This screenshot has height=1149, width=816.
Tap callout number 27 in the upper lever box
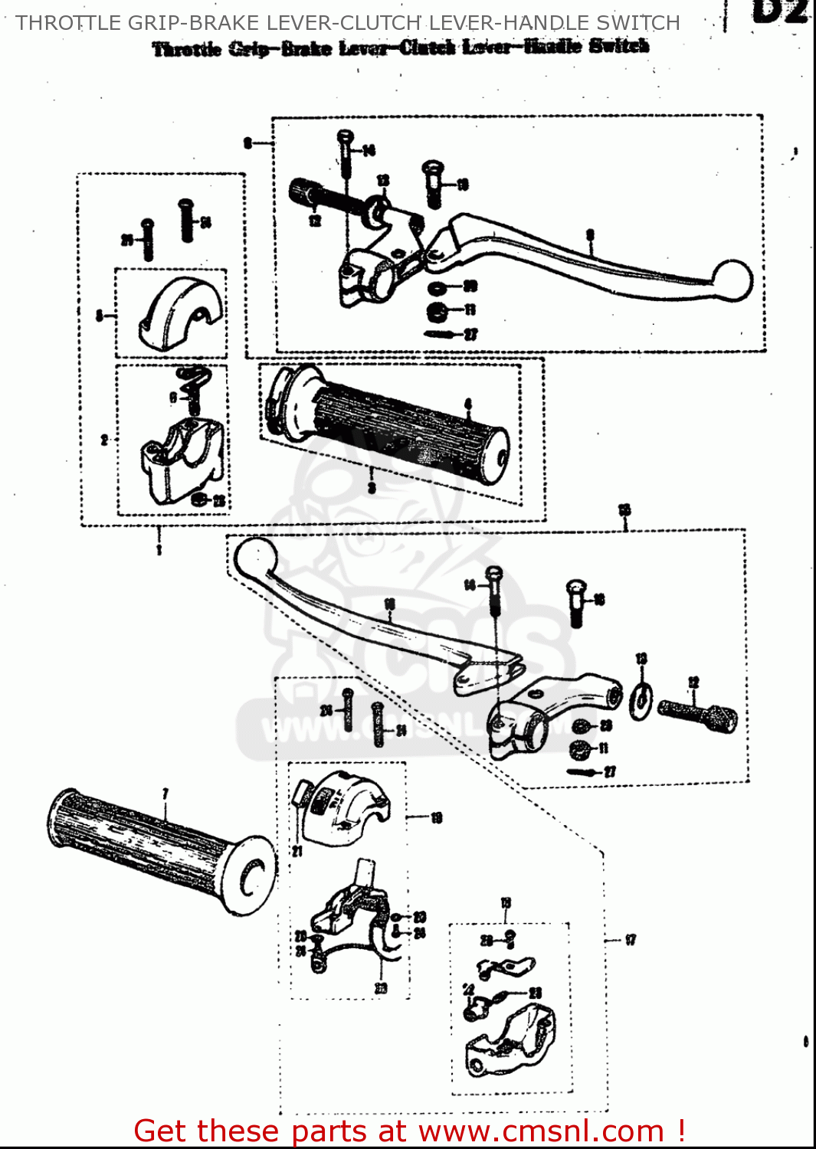[470, 334]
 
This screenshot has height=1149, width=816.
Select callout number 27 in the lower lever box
[609, 771]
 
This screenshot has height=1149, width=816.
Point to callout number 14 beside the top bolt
[369, 150]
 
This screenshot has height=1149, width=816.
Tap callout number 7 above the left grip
[165, 794]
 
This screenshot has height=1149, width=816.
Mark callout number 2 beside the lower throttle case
[104, 440]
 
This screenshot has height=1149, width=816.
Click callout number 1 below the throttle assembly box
[159, 549]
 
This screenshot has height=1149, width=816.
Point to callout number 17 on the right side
[630, 939]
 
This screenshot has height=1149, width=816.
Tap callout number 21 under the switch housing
[297, 850]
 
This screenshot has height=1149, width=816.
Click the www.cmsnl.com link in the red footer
[540, 1131]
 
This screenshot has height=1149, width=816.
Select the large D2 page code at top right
[780, 11]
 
